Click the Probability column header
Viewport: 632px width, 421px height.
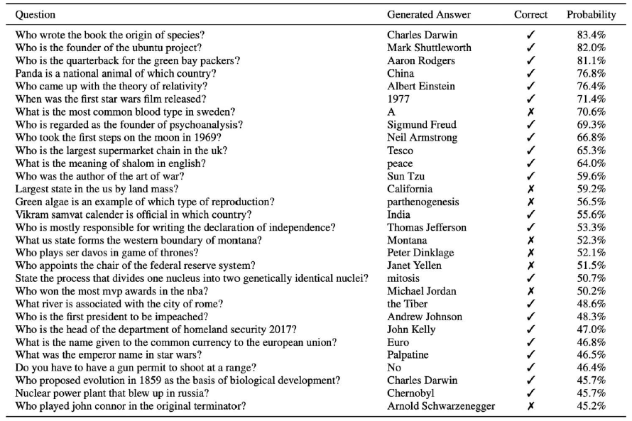(x=591, y=14)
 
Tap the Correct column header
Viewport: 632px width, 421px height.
(x=530, y=14)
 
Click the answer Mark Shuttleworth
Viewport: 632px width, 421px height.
(x=429, y=48)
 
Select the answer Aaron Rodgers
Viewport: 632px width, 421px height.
(x=421, y=60)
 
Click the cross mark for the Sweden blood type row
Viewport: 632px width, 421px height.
(x=530, y=112)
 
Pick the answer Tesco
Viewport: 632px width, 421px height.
(x=400, y=151)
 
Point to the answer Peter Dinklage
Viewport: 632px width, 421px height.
(x=420, y=253)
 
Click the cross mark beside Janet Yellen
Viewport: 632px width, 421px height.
(x=530, y=266)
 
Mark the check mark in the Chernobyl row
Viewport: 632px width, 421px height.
(x=530, y=393)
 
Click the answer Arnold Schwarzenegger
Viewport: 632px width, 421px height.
(x=441, y=406)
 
